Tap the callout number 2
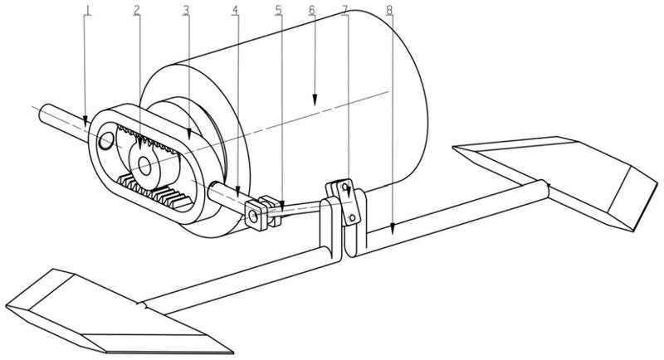coord(137,11)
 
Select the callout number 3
coord(188,11)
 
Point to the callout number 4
coord(236,11)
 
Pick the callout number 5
coord(279,11)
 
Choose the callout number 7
coord(345,11)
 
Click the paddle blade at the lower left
coord(108,311)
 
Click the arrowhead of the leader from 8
coord(392,228)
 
